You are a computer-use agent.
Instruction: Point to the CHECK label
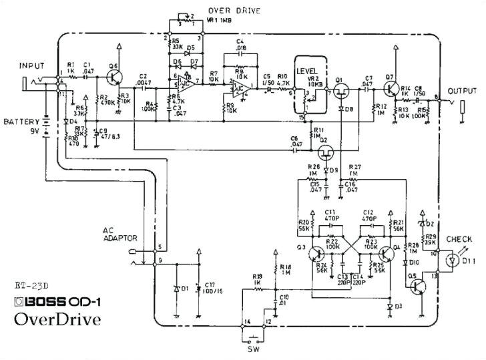point(459,239)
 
